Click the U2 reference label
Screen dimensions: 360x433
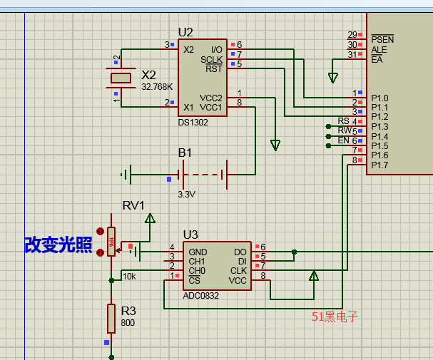(x=185, y=32)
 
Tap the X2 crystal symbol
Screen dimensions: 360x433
(x=121, y=78)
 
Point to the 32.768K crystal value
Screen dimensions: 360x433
(x=157, y=86)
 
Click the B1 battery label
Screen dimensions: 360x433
(x=185, y=153)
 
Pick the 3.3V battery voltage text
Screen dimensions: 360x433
(x=186, y=194)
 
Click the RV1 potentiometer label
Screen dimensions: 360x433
(x=133, y=205)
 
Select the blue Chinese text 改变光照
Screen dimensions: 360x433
(x=58, y=245)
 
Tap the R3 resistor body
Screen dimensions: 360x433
(x=111, y=318)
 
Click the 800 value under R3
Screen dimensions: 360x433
(x=128, y=323)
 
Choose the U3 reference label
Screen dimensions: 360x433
(x=190, y=234)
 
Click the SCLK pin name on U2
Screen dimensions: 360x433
(x=211, y=59)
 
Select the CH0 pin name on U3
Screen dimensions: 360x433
(x=197, y=271)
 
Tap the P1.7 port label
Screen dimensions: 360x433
(x=379, y=165)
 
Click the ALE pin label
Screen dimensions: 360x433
(x=379, y=50)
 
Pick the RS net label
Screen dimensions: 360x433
(x=344, y=121)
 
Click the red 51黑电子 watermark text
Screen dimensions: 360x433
(x=335, y=317)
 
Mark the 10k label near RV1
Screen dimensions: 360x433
(x=129, y=277)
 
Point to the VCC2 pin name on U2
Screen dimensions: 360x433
(x=210, y=98)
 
